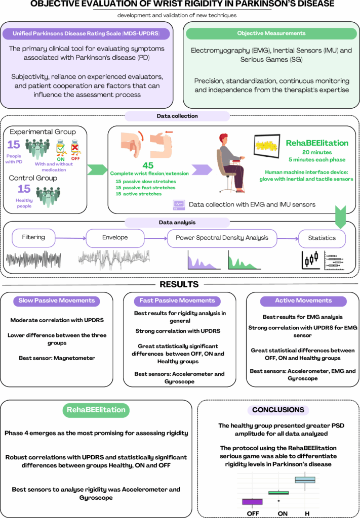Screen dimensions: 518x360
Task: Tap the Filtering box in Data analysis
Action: [33, 237]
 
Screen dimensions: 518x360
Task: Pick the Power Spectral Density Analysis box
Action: [222, 237]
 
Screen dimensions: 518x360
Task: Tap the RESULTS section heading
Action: [179, 284]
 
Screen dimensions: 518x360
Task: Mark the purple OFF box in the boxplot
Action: [252, 501]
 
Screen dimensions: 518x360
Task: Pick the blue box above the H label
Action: [305, 480]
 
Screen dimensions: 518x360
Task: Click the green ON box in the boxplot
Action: [278, 492]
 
